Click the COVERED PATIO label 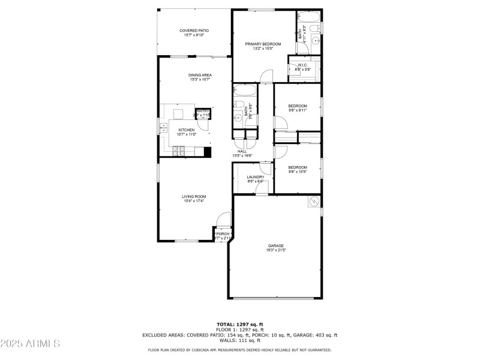194,31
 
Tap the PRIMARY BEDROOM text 263,44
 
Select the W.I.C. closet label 302,65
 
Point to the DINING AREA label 200,75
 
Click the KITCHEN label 186,130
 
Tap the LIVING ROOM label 194,196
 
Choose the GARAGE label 276,245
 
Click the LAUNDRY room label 256,177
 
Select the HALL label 242,151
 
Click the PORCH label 223,234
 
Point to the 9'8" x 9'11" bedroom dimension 298,110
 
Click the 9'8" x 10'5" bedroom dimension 298,172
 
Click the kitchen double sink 163,127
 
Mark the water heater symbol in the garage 314,202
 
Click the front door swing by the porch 224,219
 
